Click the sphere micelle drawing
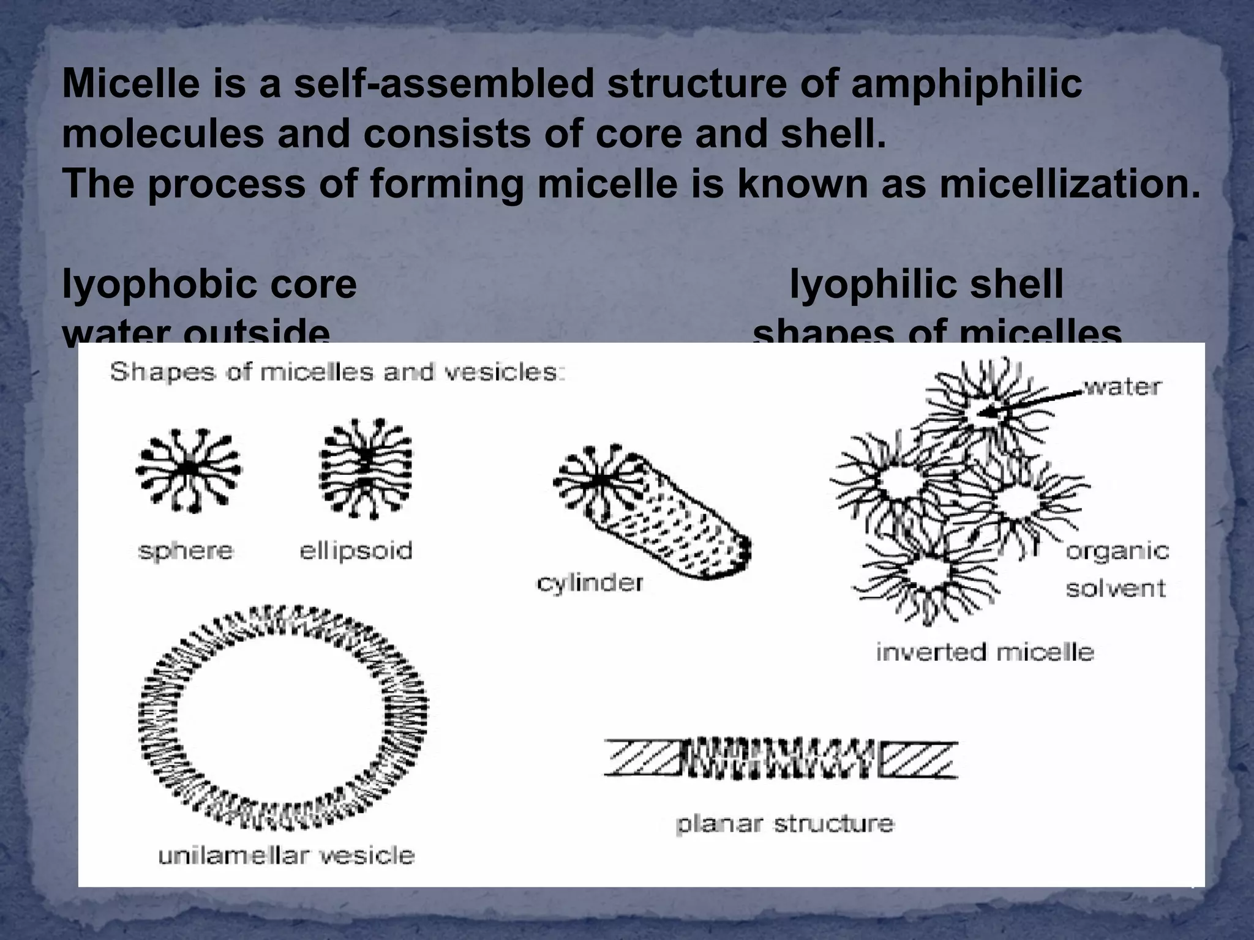189,469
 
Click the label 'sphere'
186,551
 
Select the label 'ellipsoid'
356,551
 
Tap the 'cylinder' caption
590,583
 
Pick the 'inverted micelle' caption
985,652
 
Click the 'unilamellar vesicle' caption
287,855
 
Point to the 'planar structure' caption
785,824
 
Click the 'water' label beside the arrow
1122,387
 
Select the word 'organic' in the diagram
1117,551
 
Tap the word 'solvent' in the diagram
1116,589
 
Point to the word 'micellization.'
1070,184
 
